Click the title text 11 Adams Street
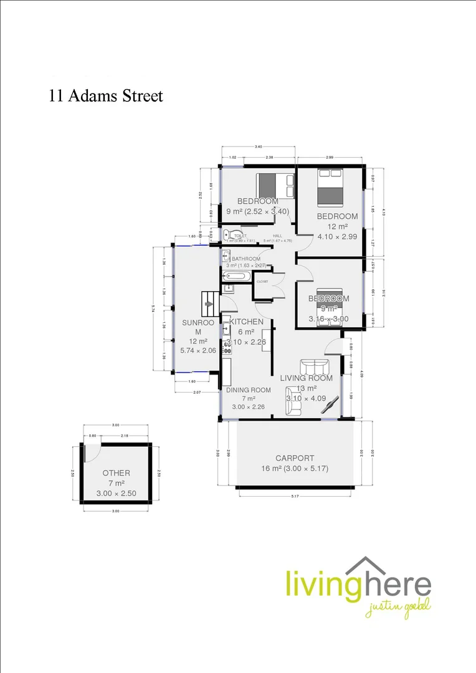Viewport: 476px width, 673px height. [106, 96]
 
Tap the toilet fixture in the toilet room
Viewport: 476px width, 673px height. [229, 235]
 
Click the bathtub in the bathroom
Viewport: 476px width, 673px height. [235, 275]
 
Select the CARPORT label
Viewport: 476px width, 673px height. [296, 457]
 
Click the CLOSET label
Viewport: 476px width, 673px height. [262, 282]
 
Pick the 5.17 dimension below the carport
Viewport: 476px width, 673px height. [296, 496]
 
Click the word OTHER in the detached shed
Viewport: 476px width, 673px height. [116, 473]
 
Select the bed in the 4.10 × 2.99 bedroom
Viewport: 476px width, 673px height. [330, 188]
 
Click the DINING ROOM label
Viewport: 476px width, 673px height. [248, 390]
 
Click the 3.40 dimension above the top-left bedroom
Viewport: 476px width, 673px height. [258, 147]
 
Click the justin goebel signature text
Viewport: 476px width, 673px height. [397, 606]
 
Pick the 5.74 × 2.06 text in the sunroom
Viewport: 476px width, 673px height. [198, 351]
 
